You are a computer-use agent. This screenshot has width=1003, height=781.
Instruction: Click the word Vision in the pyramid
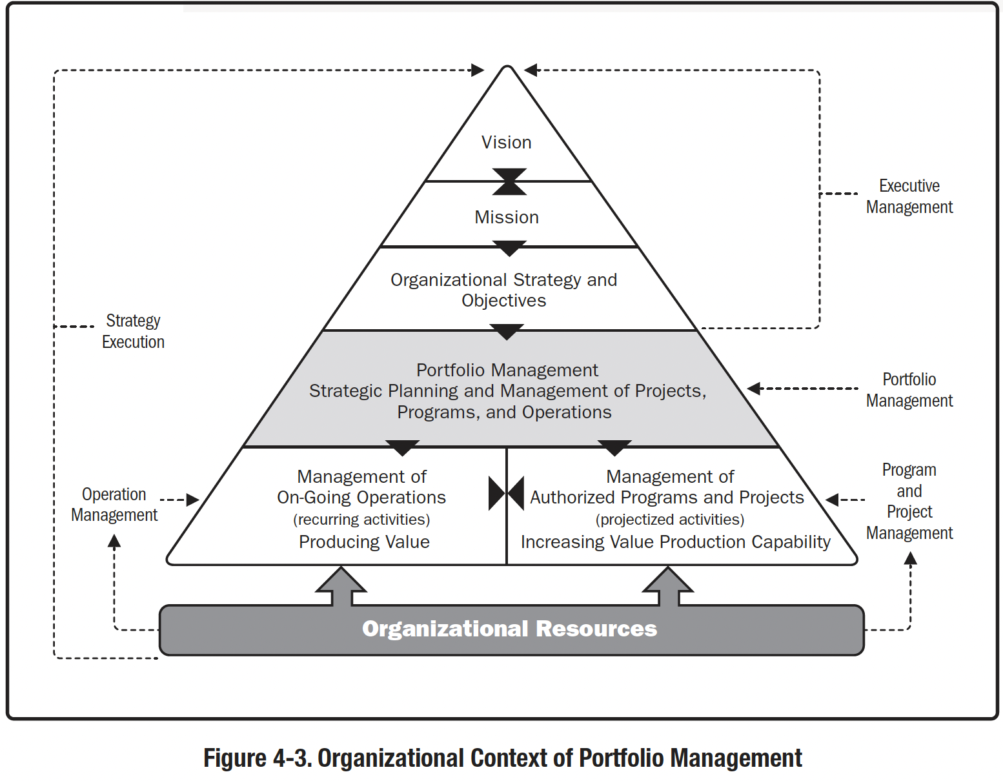pyautogui.click(x=507, y=143)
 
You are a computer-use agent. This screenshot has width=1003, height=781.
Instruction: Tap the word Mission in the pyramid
pyautogui.click(x=507, y=218)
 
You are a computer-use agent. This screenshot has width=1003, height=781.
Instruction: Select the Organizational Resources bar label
pyautogui.click(x=509, y=629)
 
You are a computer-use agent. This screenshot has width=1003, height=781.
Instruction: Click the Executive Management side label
pyautogui.click(x=909, y=196)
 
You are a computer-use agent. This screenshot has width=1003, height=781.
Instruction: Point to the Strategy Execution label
pyautogui.click(x=133, y=331)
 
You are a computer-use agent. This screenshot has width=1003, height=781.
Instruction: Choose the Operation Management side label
pyautogui.click(x=114, y=505)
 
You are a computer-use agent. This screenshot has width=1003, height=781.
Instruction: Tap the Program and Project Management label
pyautogui.click(x=909, y=501)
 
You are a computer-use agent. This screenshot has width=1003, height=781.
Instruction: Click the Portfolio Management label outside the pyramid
pyautogui.click(x=909, y=390)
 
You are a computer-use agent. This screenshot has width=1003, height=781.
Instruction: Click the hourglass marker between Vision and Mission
pyautogui.click(x=509, y=181)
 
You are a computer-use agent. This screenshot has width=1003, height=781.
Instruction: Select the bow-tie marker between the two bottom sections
pyautogui.click(x=507, y=494)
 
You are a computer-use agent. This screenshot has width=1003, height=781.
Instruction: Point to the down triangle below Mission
pyautogui.click(x=509, y=248)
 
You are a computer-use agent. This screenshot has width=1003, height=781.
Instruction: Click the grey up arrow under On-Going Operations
pyautogui.click(x=341, y=585)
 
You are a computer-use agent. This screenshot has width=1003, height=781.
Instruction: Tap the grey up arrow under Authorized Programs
pyautogui.click(x=668, y=585)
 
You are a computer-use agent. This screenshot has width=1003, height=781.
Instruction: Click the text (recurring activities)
pyautogui.click(x=361, y=520)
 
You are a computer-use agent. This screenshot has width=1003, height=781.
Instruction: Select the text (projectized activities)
pyautogui.click(x=670, y=520)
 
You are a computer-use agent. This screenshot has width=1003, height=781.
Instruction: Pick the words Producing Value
pyautogui.click(x=364, y=542)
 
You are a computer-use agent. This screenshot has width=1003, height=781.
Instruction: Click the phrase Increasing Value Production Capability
pyautogui.click(x=675, y=542)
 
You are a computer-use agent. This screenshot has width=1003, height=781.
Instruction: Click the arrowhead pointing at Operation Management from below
pyautogui.click(x=114, y=542)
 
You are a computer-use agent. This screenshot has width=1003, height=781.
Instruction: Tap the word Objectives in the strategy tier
pyautogui.click(x=503, y=301)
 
